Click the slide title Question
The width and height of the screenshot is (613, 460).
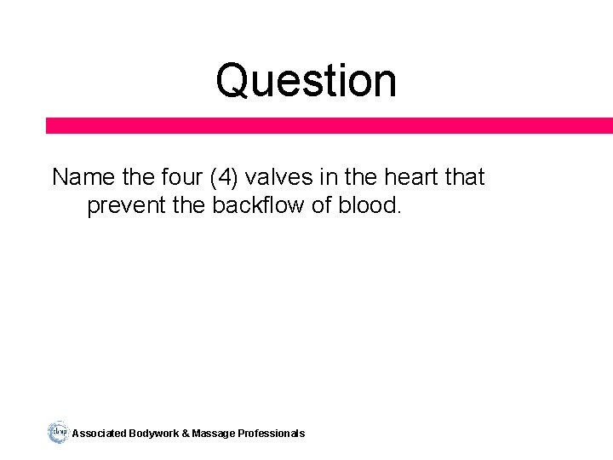[x=306, y=81]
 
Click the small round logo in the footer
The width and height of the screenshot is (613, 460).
[x=58, y=432]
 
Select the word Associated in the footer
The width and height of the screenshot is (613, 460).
[x=100, y=434]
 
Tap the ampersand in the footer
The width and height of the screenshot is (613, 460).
[x=186, y=434]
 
